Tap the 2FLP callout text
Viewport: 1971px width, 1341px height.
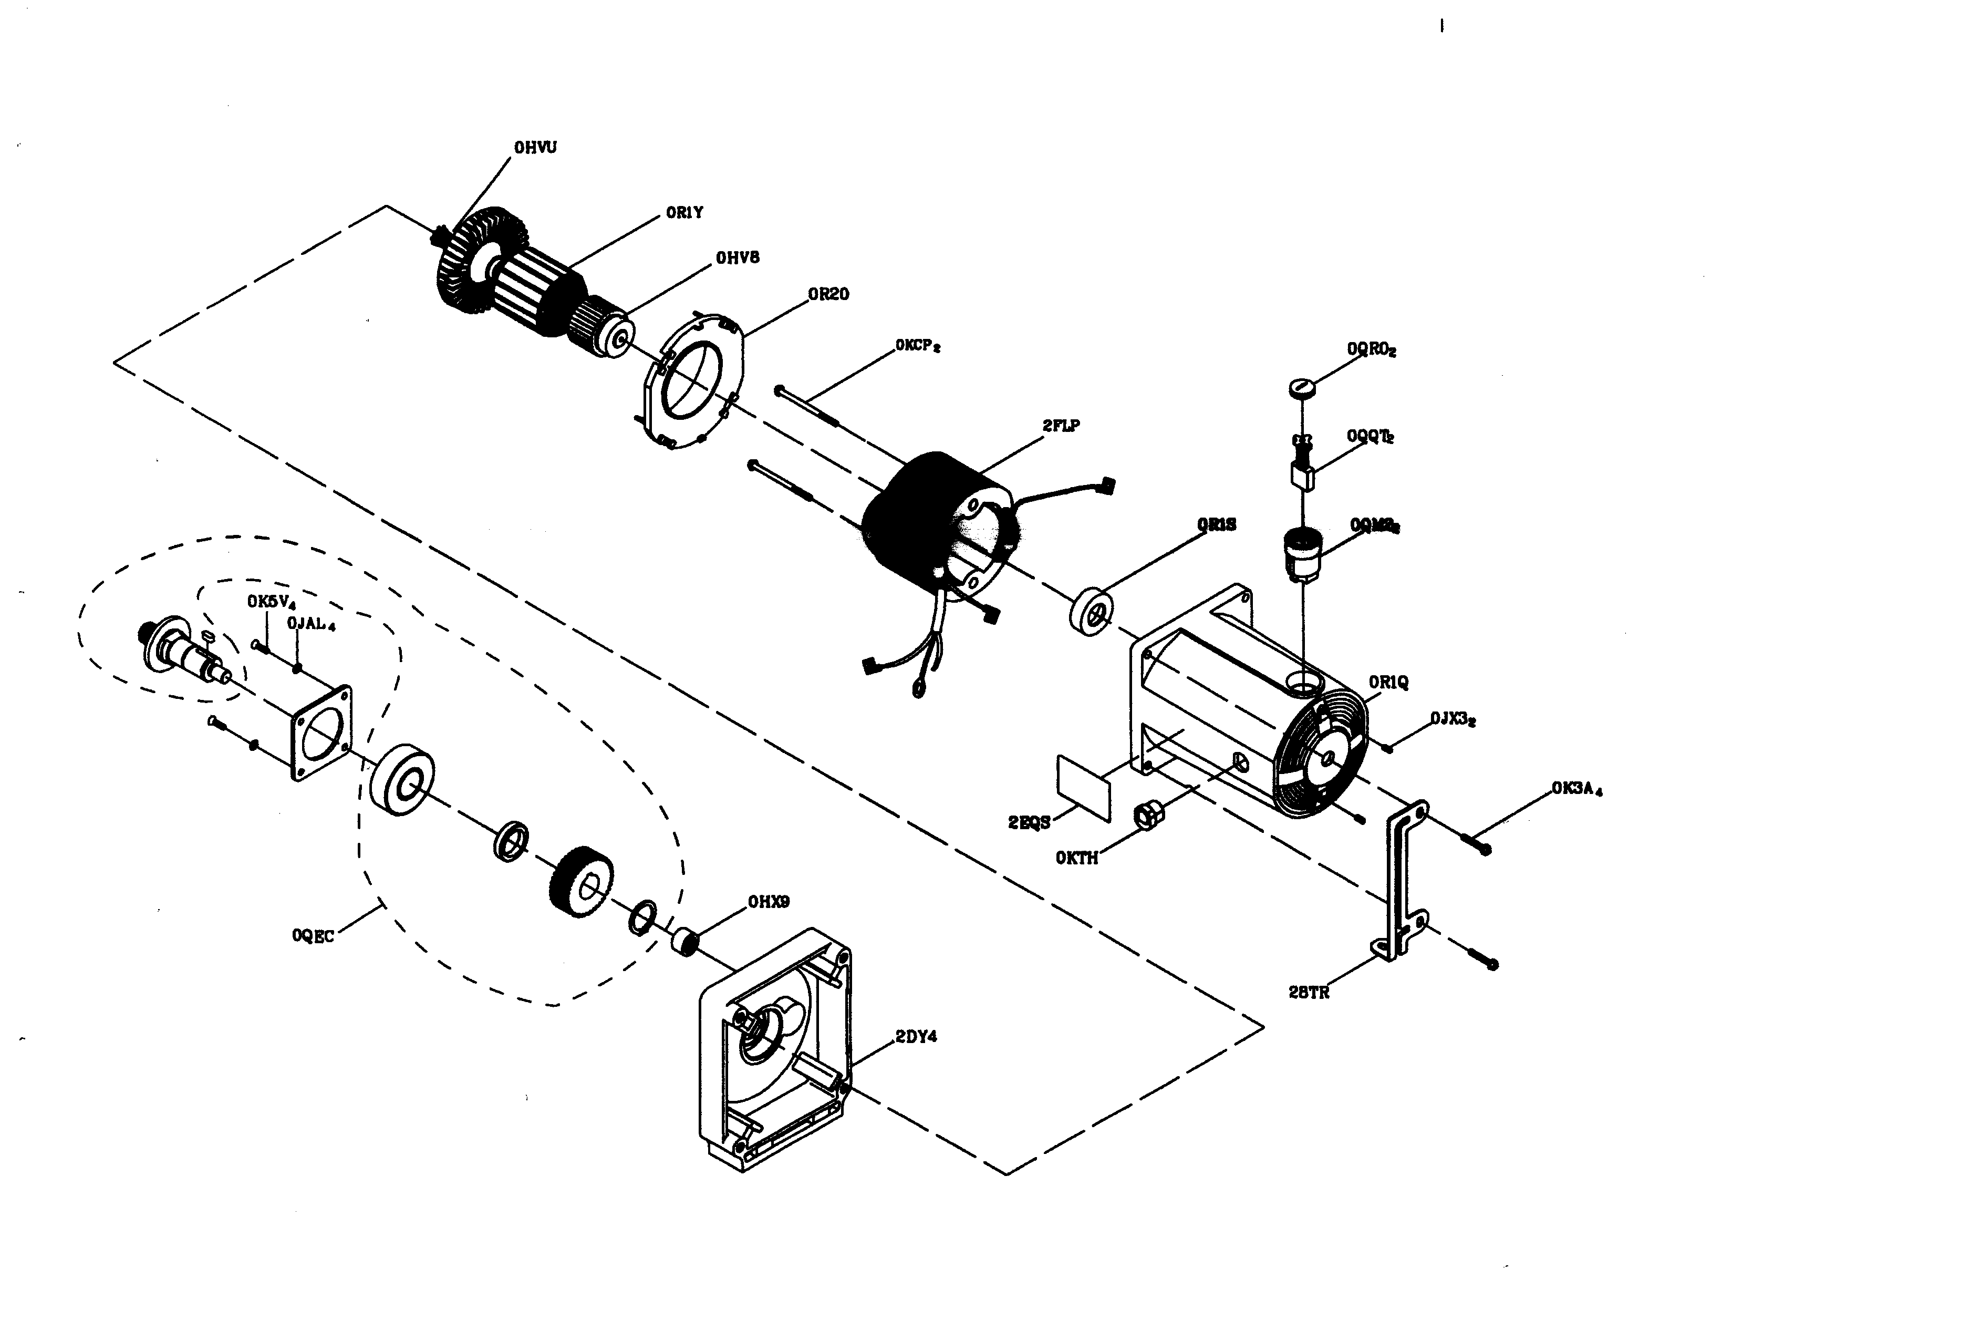1061,426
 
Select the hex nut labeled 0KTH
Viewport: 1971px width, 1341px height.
1149,816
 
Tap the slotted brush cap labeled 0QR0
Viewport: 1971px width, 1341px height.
1303,388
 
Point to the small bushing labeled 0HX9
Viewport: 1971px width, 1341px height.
684,942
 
